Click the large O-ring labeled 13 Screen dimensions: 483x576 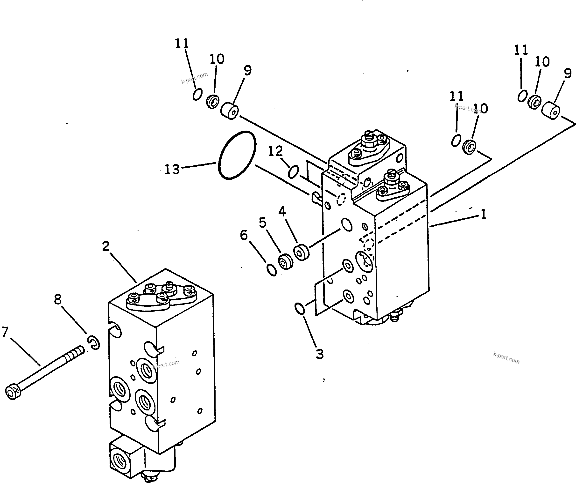pyautogui.click(x=237, y=156)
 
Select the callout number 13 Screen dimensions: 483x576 pyautogui.click(x=172, y=169)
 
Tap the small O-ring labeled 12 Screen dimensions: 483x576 pyautogui.click(x=293, y=171)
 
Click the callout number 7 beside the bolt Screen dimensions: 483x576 pyautogui.click(x=5, y=332)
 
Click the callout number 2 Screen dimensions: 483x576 pyautogui.click(x=106, y=246)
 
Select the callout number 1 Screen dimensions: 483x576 pyautogui.click(x=483, y=214)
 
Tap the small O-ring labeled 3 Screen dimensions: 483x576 pyautogui.click(x=300, y=309)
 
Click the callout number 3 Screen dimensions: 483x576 pyautogui.click(x=320, y=354)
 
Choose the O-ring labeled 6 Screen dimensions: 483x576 pyautogui.click(x=272, y=270)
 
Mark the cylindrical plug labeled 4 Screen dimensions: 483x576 pyautogui.click(x=301, y=252)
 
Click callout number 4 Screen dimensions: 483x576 pyautogui.click(x=282, y=212)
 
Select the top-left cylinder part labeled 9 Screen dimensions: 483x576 pyautogui.click(x=230, y=111)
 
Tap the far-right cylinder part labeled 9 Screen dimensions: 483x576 pyautogui.click(x=550, y=111)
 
